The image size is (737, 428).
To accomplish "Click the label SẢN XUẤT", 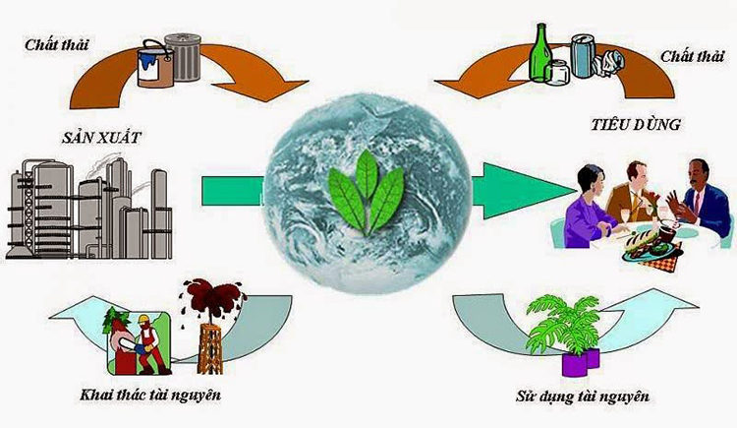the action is coord(101,138).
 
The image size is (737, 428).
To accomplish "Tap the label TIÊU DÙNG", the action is coord(636,124).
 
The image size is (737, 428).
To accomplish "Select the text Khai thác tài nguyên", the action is coord(150,395).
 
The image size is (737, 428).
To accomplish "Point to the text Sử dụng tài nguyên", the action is coord(583,396).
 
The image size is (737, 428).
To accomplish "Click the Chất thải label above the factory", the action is coord(56,45).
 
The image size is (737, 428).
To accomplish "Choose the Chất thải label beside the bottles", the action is coord(693,56).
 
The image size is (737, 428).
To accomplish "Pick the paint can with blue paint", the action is coord(155,65).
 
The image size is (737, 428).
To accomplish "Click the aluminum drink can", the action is coord(584,56).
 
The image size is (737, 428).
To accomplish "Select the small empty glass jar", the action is coord(557,73).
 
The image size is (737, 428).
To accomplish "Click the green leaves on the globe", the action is coord(367,192).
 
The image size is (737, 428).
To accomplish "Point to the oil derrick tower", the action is coord(209,347).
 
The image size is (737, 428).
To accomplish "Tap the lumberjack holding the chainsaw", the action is coord(149,344).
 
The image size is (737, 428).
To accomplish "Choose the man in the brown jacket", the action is coord(629,192).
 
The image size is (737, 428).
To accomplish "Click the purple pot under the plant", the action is coord(581,362).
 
